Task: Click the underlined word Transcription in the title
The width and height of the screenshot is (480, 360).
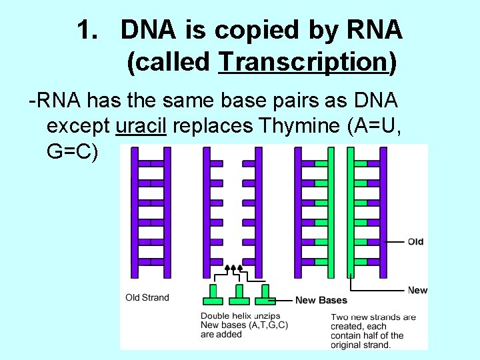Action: [303, 63]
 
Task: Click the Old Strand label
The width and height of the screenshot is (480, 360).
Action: [147, 297]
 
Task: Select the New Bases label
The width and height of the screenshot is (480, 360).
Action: [321, 300]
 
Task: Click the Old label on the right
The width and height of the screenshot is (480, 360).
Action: [415, 241]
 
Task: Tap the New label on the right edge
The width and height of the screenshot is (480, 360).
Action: [417, 290]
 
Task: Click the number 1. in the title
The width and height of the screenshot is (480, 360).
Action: [89, 29]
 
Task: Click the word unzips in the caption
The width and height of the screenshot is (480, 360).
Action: [265, 316]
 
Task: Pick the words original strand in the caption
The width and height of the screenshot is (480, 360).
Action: [367, 345]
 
